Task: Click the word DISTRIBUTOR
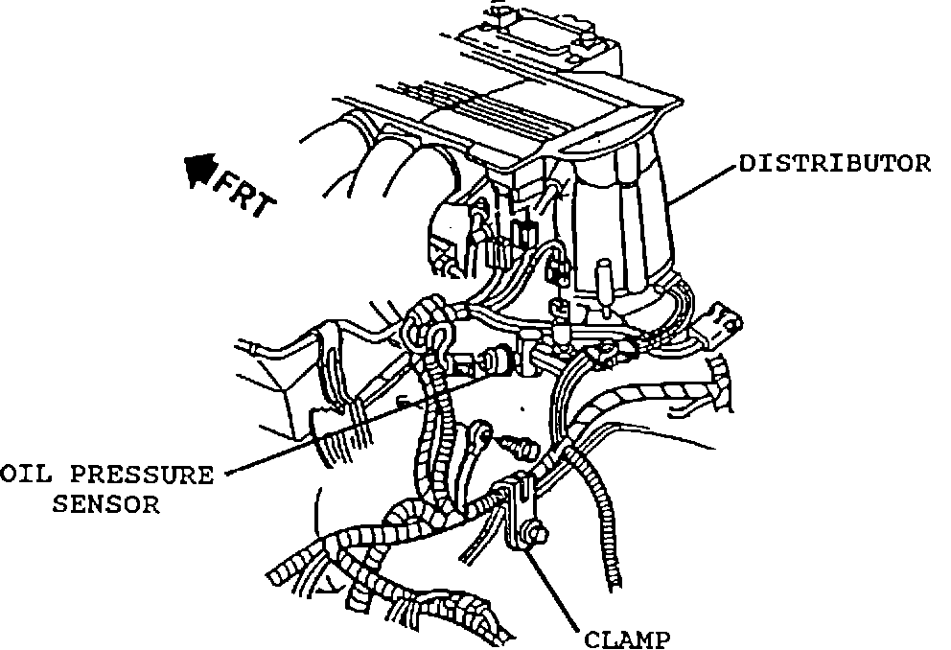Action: (834, 163)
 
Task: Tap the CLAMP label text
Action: (628, 638)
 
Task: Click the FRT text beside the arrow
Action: (244, 197)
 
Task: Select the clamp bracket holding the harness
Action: (519, 508)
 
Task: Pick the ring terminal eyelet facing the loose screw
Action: (483, 437)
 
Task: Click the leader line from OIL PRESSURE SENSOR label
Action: (316, 441)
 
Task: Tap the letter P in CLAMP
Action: (661, 638)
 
